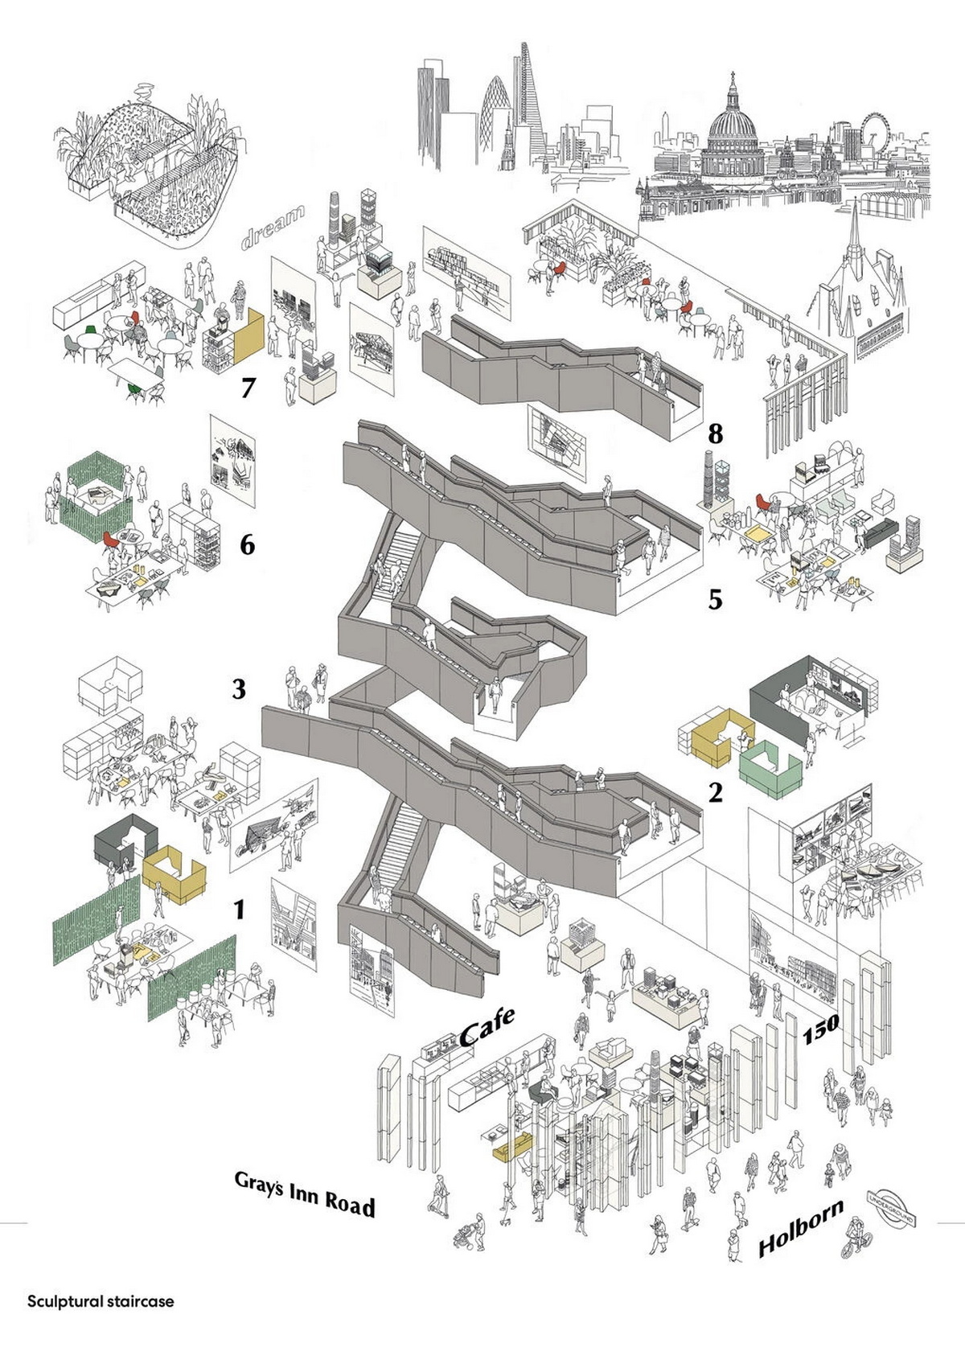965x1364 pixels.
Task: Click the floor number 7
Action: tap(248, 388)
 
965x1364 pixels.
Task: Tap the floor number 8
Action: tap(715, 434)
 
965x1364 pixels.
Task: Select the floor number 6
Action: tap(248, 545)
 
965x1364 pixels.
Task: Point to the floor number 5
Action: tap(715, 599)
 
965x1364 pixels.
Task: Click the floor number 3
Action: tap(239, 689)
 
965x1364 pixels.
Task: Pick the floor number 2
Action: tap(715, 793)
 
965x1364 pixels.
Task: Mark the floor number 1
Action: tap(239, 910)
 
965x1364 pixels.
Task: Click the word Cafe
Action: tap(487, 1027)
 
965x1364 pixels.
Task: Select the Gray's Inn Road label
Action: tap(305, 1193)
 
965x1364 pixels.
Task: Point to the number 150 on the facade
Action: tap(821, 1029)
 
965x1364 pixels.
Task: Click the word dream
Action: tap(273, 226)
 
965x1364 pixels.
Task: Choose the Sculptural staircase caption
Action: tap(101, 1300)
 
